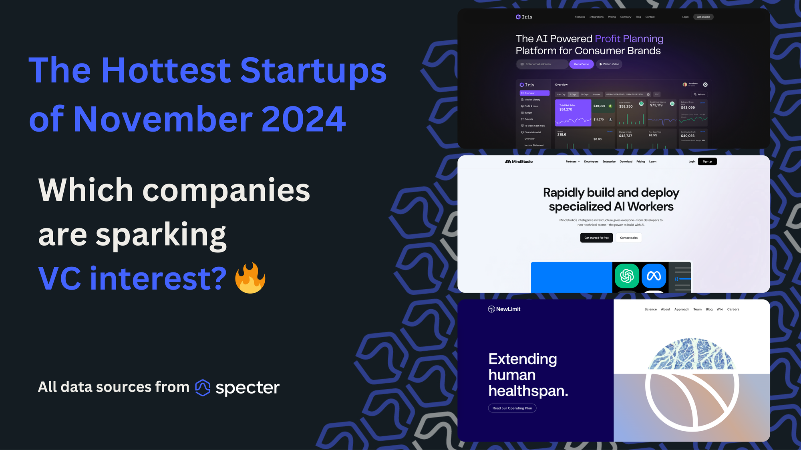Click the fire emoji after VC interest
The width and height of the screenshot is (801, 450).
[x=250, y=278]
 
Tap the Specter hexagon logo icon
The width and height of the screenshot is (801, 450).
[x=203, y=387]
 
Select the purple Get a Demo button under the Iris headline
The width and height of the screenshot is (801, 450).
[x=582, y=64]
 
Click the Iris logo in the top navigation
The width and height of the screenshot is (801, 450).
[x=524, y=17]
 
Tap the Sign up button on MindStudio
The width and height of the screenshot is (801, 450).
[x=707, y=162]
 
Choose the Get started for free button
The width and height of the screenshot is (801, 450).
[x=596, y=238]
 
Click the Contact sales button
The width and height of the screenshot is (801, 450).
[x=629, y=238]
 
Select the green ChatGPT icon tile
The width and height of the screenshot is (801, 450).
[x=627, y=276]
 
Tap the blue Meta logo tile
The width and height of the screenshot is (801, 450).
[x=654, y=276]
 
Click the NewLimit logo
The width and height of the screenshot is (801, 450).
[x=504, y=309]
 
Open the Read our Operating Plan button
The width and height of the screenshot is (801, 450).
[x=512, y=408]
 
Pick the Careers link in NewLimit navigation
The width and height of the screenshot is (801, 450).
[x=733, y=309]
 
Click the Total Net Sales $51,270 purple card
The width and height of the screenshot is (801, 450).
[x=573, y=113]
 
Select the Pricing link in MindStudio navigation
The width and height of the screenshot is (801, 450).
[x=641, y=162]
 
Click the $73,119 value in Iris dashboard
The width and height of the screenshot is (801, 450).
[x=656, y=105]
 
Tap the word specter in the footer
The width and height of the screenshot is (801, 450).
[x=248, y=387]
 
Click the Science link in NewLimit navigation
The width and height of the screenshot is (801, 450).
[x=650, y=309]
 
